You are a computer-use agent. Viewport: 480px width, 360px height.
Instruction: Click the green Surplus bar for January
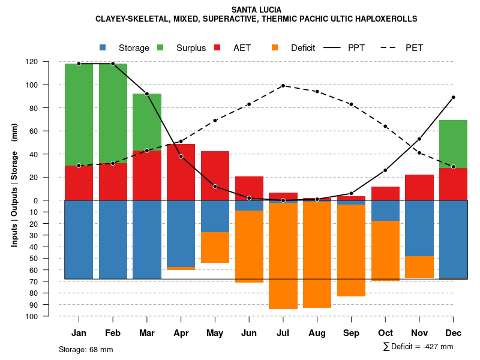tap(79, 114)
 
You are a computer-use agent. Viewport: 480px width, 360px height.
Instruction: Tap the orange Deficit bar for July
tap(283, 256)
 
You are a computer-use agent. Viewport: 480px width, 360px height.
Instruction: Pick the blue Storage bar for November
tap(419, 228)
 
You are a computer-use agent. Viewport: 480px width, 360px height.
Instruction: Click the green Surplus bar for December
tap(453, 144)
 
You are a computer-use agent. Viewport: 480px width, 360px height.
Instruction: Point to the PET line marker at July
tap(283, 86)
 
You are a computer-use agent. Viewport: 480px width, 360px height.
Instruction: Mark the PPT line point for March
tap(147, 94)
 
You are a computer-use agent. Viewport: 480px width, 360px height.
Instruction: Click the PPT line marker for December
tap(454, 97)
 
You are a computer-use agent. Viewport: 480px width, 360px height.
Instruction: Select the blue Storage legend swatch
tap(103, 47)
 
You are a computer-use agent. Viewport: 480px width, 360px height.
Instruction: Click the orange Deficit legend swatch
tap(275, 47)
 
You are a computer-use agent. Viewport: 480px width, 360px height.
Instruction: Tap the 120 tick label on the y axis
tap(49, 61)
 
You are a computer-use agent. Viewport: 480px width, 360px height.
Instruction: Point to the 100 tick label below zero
tap(49, 316)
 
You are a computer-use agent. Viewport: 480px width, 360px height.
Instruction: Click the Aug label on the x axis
tap(317, 333)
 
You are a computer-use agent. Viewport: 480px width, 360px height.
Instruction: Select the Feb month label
tap(113, 333)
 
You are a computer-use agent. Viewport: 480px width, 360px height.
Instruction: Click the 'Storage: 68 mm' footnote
tap(86, 349)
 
